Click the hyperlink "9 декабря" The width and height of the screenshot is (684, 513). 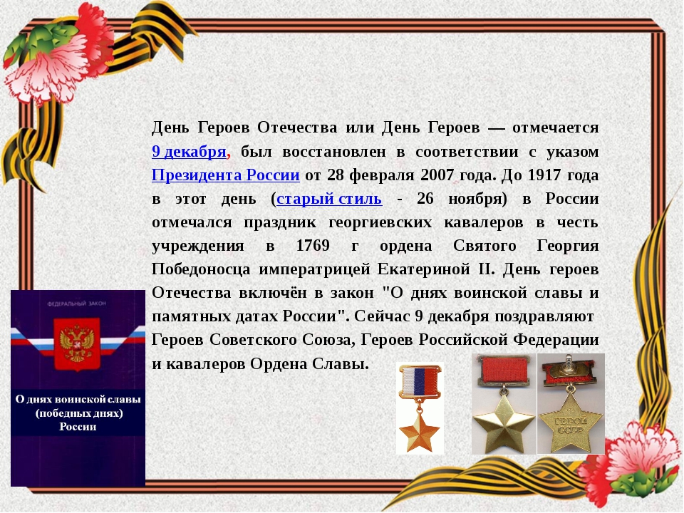[189, 151]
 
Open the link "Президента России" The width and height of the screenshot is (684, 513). [226, 175]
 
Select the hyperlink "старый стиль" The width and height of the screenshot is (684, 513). [329, 199]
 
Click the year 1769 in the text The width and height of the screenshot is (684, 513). [313, 245]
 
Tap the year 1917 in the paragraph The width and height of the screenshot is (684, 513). [544, 175]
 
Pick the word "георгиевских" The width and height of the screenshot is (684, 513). [380, 222]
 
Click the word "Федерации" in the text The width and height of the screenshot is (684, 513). [556, 339]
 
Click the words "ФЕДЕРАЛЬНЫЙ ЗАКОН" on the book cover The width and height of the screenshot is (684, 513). [77, 304]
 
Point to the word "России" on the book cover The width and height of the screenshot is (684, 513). [78, 427]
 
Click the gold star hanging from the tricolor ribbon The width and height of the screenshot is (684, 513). [420, 432]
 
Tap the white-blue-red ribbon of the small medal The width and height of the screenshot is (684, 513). [420, 380]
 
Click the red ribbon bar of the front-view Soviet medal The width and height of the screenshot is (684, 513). [504, 370]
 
